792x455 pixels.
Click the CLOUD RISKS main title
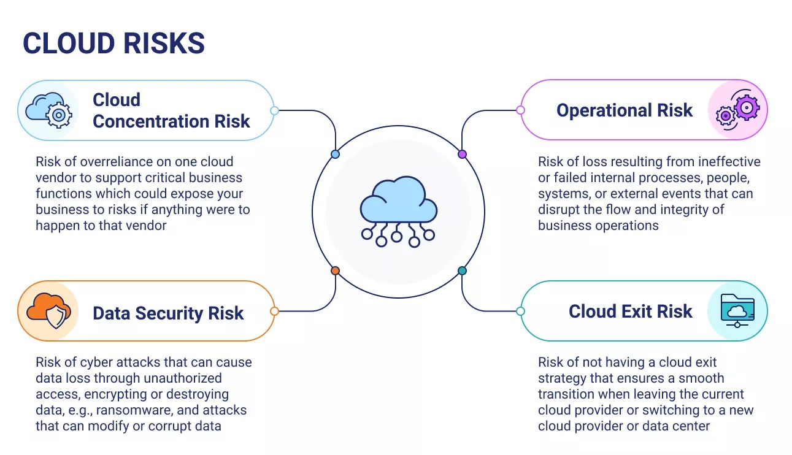point(113,44)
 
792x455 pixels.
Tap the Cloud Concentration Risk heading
point(171,110)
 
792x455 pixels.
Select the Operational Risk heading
point(624,110)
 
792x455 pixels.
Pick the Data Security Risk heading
point(168,313)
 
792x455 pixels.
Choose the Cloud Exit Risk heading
point(630,311)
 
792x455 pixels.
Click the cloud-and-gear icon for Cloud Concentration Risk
point(48,110)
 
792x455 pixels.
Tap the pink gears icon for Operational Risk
point(737,110)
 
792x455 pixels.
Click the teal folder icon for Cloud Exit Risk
point(737,311)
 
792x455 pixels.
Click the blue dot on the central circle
point(335,154)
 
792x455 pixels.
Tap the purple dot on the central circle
point(462,154)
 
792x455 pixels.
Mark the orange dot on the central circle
point(335,270)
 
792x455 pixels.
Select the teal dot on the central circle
point(462,270)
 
